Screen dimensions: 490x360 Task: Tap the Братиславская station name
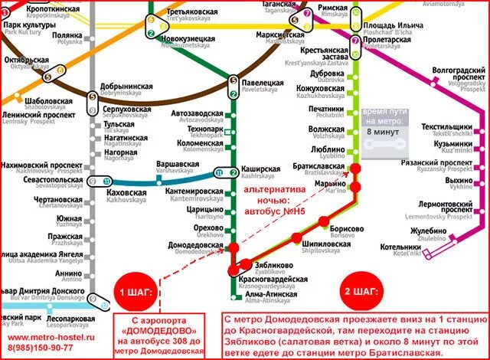coord(317,167)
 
